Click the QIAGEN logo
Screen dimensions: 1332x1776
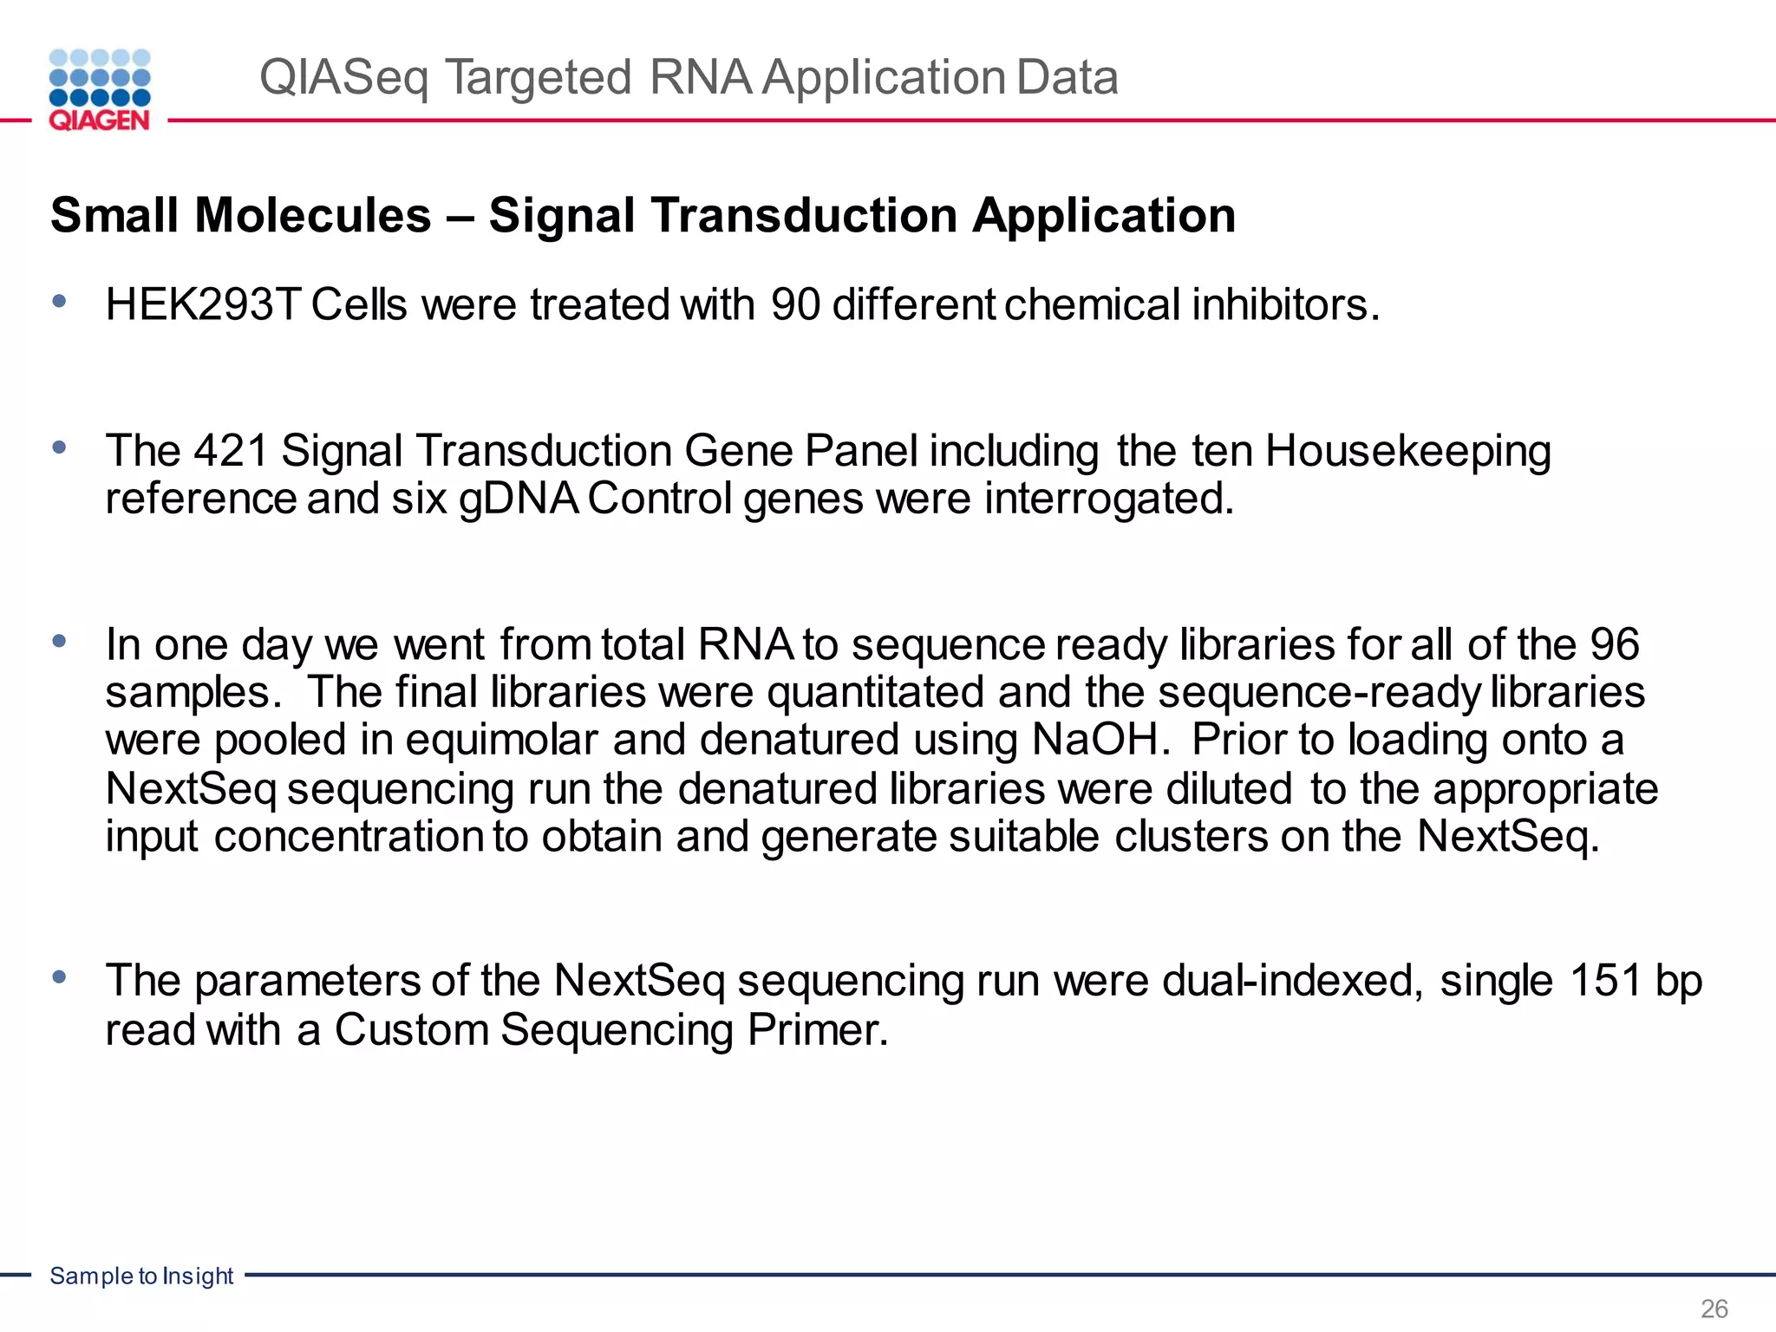[100, 90]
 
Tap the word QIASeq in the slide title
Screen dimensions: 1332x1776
[343, 78]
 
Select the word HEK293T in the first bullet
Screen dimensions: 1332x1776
[203, 305]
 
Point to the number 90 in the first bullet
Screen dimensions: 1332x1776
[795, 305]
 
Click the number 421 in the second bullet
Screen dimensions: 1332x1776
[230, 451]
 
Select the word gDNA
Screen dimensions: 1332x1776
[519, 499]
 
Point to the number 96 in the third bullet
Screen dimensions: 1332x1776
[1614, 644]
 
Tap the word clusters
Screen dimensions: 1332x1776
[1190, 837]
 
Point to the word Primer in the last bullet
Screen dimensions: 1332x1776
[818, 1030]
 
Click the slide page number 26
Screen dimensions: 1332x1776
[1714, 1308]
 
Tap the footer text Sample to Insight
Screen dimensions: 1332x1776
[141, 1276]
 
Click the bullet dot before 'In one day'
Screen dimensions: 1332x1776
[59, 642]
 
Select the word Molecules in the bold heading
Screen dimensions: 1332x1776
[313, 215]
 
